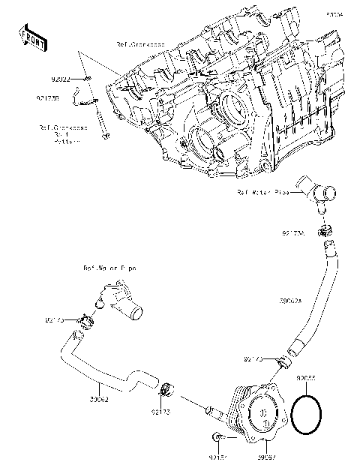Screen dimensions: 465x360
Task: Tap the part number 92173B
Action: point(48,97)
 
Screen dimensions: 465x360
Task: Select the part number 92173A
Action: point(294,233)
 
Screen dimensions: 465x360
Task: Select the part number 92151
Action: point(219,454)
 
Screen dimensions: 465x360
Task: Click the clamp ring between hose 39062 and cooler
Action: point(169,390)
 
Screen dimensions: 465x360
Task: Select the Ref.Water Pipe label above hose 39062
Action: point(110,268)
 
